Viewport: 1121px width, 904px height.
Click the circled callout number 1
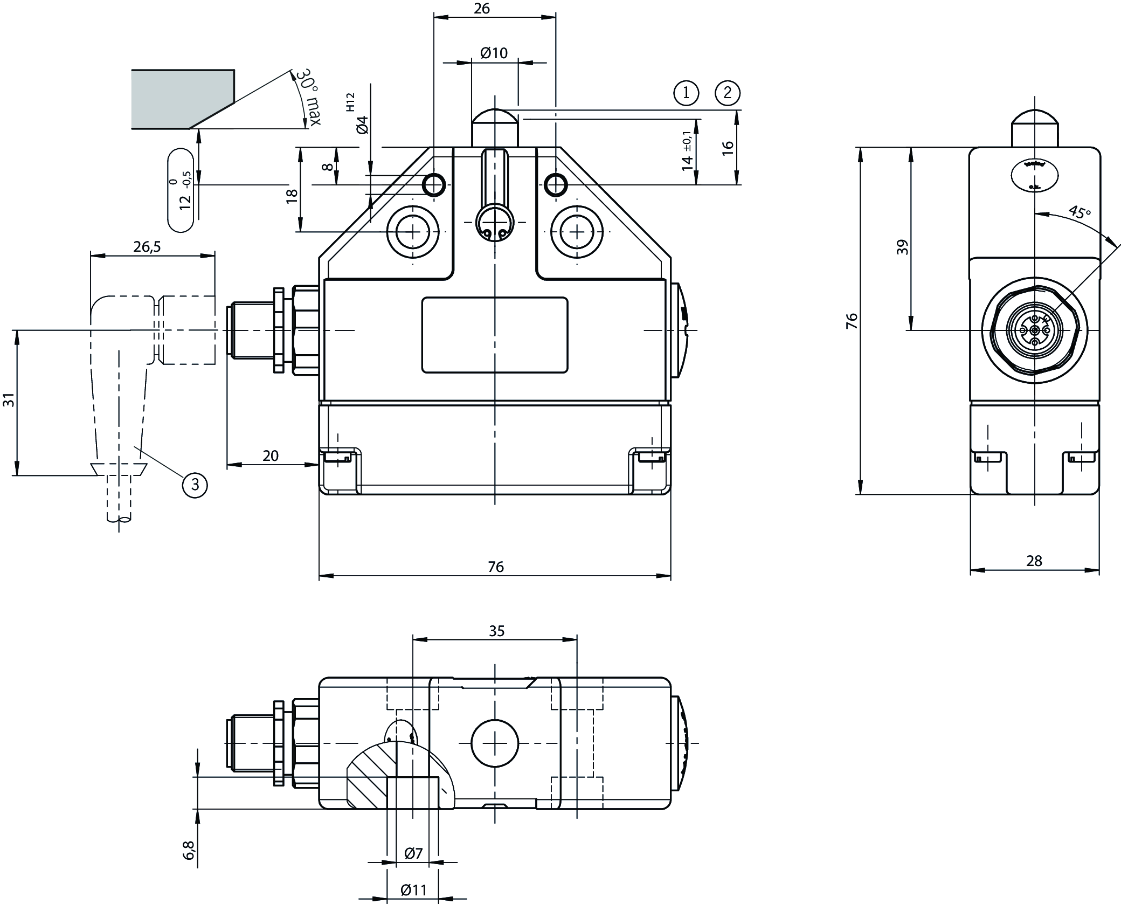pos(686,93)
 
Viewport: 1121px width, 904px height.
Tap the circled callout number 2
pos(727,93)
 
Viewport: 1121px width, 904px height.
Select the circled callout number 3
pos(195,485)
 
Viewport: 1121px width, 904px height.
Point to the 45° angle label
pos(1079,212)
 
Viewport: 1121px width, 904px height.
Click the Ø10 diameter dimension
pos(494,53)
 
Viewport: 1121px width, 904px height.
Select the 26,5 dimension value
pos(147,246)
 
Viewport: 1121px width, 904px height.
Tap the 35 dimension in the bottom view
pos(496,631)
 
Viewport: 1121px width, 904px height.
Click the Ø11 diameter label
pos(413,889)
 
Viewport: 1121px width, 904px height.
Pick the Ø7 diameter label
pos(413,868)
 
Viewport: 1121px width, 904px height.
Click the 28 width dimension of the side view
pos(1034,561)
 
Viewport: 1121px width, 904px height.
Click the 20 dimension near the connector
pos(271,456)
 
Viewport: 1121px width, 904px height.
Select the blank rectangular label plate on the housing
pos(494,335)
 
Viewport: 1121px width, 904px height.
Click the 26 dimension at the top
pos(482,8)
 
